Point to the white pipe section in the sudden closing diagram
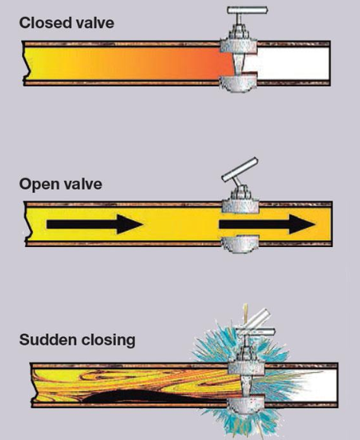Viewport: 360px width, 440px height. click(305, 382)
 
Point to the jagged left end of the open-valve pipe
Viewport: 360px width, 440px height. click(29, 225)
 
